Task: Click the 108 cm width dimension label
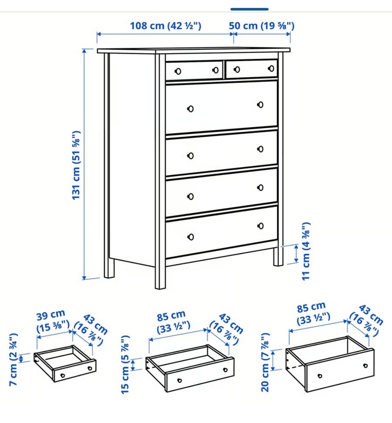[165, 26]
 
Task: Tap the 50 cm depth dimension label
[262, 26]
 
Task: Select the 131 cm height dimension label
[76, 165]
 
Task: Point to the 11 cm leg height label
[306, 251]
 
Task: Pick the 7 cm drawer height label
[13, 359]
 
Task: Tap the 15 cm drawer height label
[125, 364]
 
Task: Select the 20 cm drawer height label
[265, 362]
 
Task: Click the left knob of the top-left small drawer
[178, 71]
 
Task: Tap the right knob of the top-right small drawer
[271, 69]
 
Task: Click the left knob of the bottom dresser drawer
[190, 237]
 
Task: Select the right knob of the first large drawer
[260, 104]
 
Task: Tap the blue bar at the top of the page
[249, 9]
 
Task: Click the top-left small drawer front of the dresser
[194, 71]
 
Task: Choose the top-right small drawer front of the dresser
[252, 69]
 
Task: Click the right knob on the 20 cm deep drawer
[365, 366]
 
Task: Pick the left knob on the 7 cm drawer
[62, 375]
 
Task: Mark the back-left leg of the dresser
[109, 268]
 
